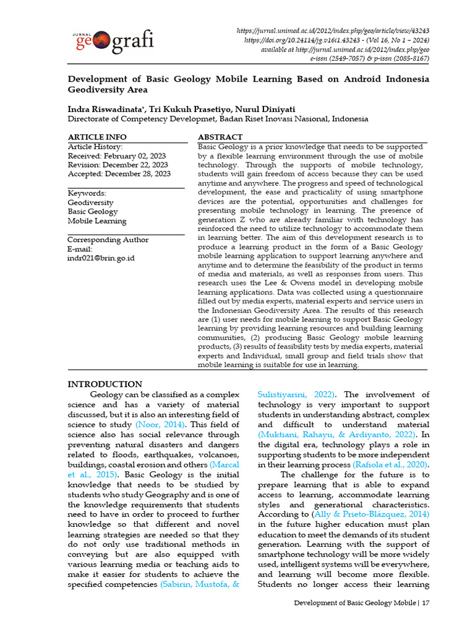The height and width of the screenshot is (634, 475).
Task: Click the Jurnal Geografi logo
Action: pos(114,41)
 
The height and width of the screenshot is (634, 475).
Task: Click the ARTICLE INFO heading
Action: pos(97,137)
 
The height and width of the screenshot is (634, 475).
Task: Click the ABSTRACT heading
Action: pos(220,137)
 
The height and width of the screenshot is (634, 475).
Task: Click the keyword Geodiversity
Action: pos(90,202)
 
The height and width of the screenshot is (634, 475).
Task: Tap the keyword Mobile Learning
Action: pos(96,221)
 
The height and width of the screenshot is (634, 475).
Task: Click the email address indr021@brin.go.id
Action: pos(101,258)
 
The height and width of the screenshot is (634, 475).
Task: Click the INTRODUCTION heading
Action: pos(105,384)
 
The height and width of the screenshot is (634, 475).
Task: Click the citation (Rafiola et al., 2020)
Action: pos(391,464)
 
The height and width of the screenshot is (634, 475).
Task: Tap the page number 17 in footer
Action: pos(426,602)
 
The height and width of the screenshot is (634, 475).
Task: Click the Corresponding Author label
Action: pos(108,240)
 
